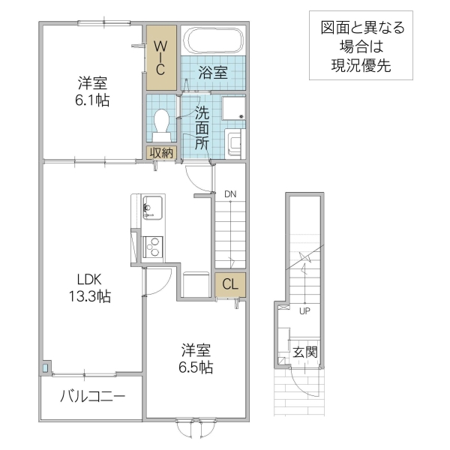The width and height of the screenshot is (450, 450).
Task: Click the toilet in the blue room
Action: tap(161, 124)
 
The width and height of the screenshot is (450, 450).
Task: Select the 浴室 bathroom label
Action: tap(213, 72)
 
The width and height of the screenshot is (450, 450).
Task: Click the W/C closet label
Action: tap(161, 56)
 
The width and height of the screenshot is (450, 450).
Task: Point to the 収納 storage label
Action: tap(160, 152)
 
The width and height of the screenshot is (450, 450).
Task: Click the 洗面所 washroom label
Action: tap(202, 129)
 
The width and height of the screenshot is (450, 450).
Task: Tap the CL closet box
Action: tap(229, 284)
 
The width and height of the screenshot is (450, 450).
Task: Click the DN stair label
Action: tap(230, 194)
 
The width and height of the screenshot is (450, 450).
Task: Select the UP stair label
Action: tap(304, 310)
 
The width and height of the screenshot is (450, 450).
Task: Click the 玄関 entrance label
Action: tap(305, 352)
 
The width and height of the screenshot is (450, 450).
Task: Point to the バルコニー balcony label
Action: tap(92, 397)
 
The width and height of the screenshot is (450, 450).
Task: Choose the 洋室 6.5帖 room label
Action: tap(196, 358)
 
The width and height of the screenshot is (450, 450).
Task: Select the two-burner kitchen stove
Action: tap(152, 246)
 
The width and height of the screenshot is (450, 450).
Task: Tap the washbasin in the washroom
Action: tap(235, 141)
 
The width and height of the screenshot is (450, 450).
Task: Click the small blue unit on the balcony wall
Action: tap(46, 367)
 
